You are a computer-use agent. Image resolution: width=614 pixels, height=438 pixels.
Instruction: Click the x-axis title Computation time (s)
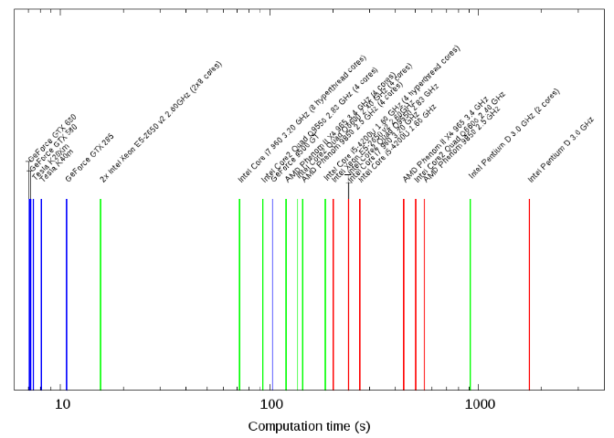(309, 426)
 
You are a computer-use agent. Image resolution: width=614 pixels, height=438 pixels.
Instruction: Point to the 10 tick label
(62, 402)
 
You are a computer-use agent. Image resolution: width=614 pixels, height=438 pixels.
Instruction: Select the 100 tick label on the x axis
(270, 402)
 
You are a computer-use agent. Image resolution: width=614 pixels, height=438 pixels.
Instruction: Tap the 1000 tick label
(479, 402)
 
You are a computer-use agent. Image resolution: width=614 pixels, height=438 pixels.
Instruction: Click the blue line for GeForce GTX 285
(67, 292)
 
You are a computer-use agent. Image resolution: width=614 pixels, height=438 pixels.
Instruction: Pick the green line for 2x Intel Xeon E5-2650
(101, 292)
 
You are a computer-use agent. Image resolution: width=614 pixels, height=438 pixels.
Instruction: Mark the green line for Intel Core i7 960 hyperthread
(239, 292)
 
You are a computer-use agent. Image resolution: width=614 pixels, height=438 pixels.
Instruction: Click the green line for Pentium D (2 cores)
(471, 292)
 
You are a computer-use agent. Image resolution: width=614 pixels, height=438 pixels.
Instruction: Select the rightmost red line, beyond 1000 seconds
(529, 292)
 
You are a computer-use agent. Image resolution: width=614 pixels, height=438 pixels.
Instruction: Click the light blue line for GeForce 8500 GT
(272, 292)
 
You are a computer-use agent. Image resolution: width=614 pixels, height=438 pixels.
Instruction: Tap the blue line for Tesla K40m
(41, 292)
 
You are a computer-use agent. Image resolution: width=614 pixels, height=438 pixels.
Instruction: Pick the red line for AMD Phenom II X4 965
(404, 292)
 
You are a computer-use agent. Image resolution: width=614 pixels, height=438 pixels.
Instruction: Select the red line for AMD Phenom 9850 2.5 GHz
(424, 292)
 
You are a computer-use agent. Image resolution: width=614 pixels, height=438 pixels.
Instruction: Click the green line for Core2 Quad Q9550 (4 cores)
(263, 292)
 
